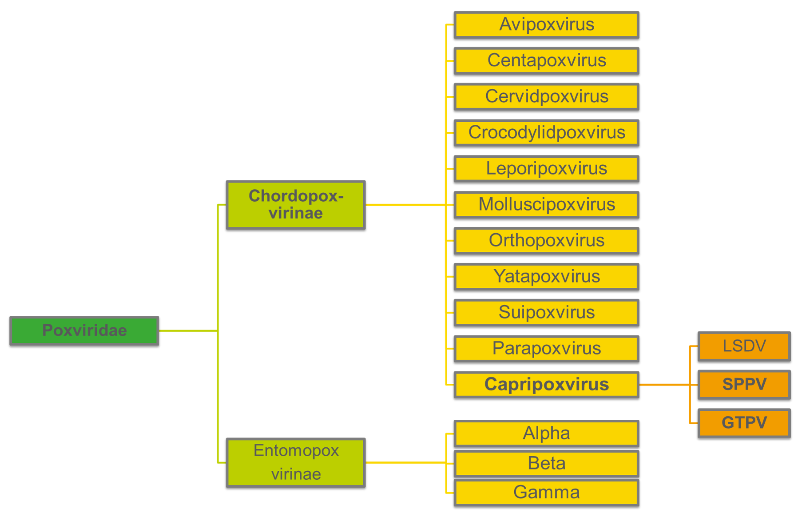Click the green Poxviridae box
click(84, 330)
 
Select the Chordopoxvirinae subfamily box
click(296, 205)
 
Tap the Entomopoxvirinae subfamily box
click(296, 462)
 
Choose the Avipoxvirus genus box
click(546, 25)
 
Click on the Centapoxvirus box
click(546, 61)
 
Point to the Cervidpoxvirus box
click(546, 97)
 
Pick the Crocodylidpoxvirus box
click(546, 133)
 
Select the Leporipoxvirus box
click(546, 169)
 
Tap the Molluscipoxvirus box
click(546, 205)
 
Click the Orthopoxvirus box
click(546, 241)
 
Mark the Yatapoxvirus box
click(546, 277)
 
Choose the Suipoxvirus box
click(546, 313)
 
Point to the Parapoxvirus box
click(546, 349)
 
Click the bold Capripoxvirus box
click(546, 385)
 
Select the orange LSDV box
click(744, 346)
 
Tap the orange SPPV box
click(744, 385)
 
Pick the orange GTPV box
click(744, 423)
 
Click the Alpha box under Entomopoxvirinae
click(546, 433)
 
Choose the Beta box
click(546, 464)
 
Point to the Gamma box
click(546, 493)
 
